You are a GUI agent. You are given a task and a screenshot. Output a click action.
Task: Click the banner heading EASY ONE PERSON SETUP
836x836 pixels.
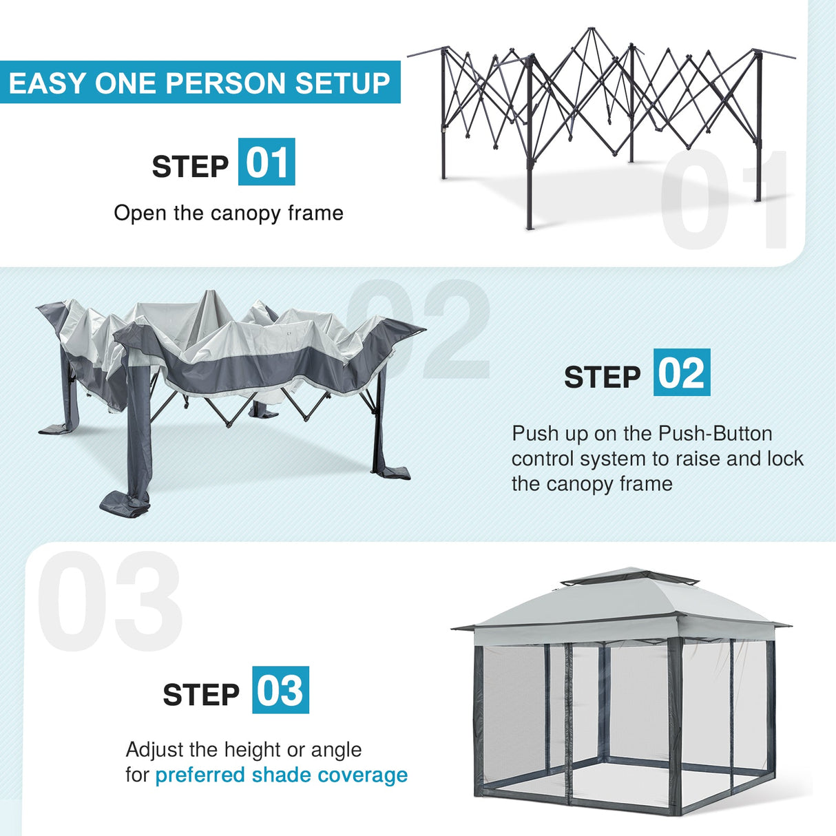click(199, 83)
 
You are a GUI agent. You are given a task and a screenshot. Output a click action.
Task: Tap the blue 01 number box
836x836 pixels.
click(267, 162)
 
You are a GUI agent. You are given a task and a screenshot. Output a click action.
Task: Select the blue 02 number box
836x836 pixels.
click(681, 373)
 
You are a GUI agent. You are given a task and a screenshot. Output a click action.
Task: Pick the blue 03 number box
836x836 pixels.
click(280, 690)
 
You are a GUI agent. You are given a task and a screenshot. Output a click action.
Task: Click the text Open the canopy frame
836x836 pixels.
click(229, 213)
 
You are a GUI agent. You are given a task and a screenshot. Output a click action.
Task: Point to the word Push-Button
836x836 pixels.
click(715, 433)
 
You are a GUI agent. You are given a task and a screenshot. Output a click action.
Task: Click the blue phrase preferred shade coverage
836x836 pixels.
click(281, 775)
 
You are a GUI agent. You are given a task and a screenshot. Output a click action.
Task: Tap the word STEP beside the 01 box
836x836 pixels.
click(190, 167)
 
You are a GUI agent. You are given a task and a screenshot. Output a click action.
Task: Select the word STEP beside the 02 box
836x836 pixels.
click(602, 377)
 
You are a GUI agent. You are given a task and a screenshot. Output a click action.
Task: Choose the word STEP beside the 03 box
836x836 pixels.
click(201, 695)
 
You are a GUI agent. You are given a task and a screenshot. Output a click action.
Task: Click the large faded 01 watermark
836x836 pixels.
click(723, 200)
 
